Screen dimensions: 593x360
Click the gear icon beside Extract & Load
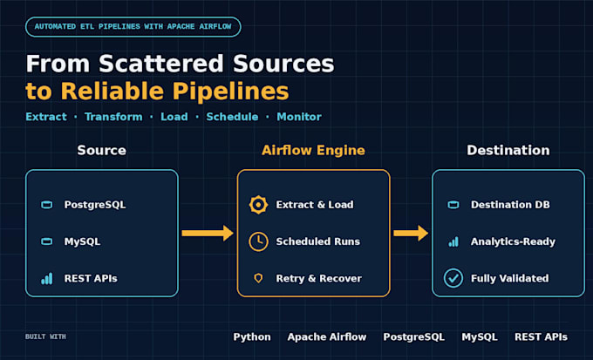[x=258, y=205]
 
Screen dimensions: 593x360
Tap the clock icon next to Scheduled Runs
[x=258, y=241]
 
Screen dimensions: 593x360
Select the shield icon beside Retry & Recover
[x=258, y=279]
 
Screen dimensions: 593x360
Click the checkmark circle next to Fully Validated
[x=453, y=278]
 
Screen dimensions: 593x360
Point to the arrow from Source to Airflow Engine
[x=208, y=233]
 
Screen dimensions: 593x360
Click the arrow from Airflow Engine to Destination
[x=411, y=233]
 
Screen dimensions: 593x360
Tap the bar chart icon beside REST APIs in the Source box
[x=47, y=279]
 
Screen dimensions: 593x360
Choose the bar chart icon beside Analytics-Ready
[x=453, y=241]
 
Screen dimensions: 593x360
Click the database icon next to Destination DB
[x=453, y=205]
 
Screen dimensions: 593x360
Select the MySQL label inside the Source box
[x=82, y=241]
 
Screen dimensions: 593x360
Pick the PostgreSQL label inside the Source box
[x=94, y=205]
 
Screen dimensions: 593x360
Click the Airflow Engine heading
[x=313, y=151]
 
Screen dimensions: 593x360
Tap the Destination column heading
[x=508, y=150]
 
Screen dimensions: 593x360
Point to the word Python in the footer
[x=252, y=337]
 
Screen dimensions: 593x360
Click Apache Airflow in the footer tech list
[x=327, y=337]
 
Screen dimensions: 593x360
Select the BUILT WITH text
[x=45, y=336]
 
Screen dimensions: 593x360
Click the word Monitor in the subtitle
[x=299, y=117]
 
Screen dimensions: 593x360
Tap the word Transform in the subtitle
[x=113, y=117]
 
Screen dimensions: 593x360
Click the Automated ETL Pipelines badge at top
[x=133, y=27]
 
